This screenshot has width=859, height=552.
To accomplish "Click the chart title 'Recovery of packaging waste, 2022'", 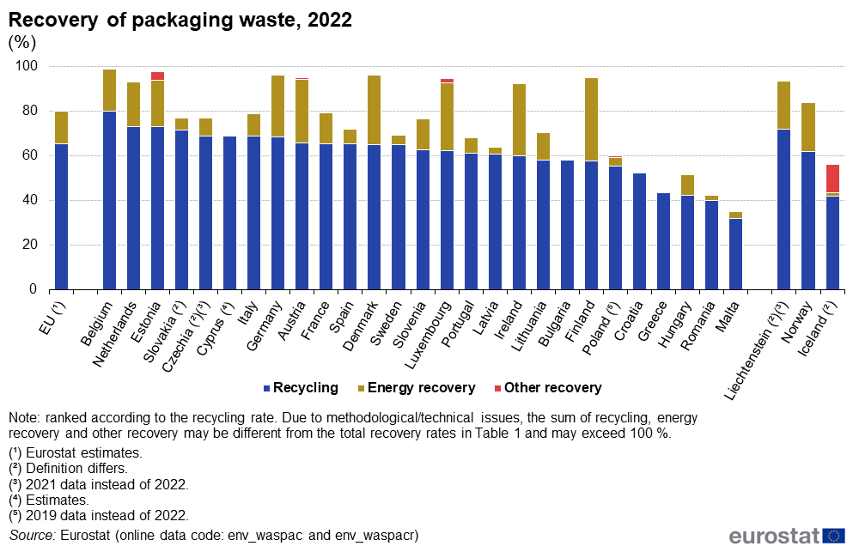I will [x=180, y=21].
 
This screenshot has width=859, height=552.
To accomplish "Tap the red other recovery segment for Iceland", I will [x=832, y=179].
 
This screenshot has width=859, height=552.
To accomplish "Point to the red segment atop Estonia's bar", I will [x=157, y=76].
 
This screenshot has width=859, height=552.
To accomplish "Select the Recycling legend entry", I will [x=302, y=388].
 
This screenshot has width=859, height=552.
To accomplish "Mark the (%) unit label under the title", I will [x=23, y=42].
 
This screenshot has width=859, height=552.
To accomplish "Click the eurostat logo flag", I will [x=833, y=536].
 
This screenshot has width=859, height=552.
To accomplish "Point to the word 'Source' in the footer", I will [x=30, y=536].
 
